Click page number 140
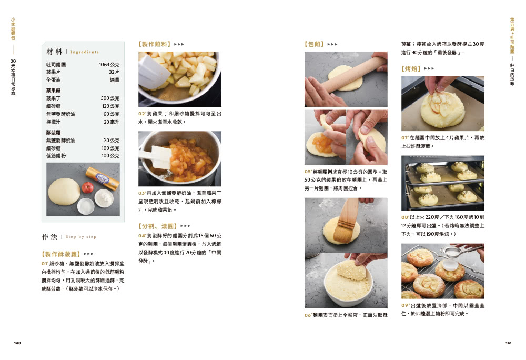[17, 343]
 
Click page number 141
[508, 343]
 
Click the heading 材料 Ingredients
[73, 52]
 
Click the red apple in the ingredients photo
[88, 187]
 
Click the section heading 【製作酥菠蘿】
[60, 254]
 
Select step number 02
[141, 113]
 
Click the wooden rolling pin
[352, 74]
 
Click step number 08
[405, 217]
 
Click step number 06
[308, 315]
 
